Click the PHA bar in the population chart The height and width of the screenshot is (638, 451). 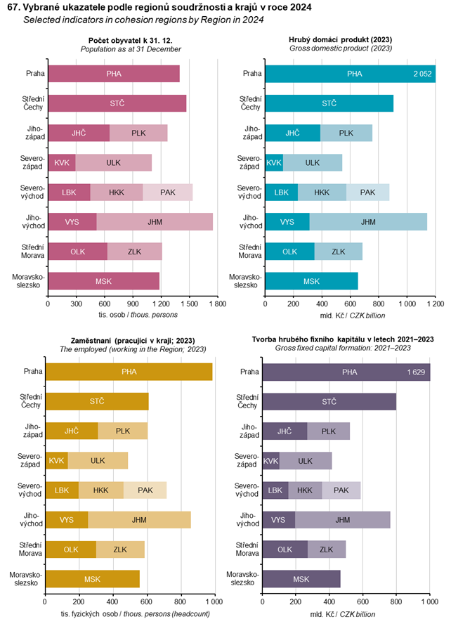tap(114, 73)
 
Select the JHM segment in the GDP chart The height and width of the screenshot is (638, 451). tap(367, 222)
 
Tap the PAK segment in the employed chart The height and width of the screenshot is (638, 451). tap(145, 490)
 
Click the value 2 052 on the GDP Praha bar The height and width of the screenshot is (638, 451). tap(422, 73)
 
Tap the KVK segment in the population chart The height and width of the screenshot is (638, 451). tap(62, 162)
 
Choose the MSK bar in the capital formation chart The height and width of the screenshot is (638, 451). tap(301, 579)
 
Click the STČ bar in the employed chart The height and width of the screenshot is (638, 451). tap(97, 401)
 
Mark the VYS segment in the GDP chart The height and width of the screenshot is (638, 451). tap(287, 222)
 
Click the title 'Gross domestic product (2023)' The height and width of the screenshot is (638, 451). tap(350, 48)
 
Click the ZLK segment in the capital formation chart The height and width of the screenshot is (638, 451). tap(327, 549)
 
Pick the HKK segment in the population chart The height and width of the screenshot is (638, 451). tap(116, 192)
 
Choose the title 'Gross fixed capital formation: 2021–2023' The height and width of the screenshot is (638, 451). tap(343, 348)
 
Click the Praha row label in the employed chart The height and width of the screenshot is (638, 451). tap(31, 372)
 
